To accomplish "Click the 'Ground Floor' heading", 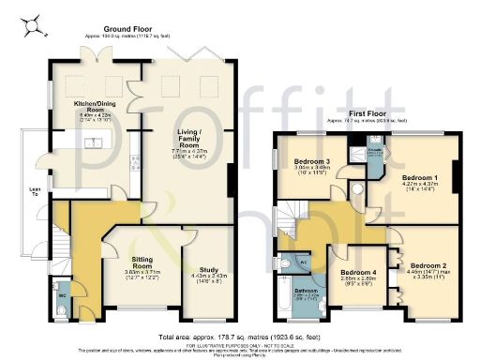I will [x=129, y=29].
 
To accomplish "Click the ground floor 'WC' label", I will [x=63, y=296].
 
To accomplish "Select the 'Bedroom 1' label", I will [x=420, y=176].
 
